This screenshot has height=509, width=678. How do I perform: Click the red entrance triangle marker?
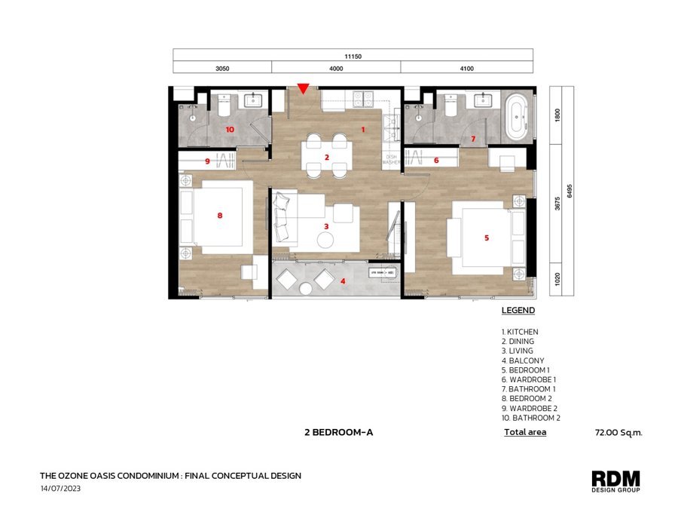(x=304, y=88)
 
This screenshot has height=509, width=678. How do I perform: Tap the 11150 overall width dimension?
(x=353, y=57)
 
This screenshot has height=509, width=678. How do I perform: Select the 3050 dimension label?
(x=222, y=69)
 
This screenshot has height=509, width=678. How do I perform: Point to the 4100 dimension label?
(x=466, y=69)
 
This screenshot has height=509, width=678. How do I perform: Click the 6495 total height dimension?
(x=570, y=191)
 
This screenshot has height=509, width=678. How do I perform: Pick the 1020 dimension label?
(x=557, y=279)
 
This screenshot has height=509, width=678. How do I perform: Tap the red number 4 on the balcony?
(x=343, y=281)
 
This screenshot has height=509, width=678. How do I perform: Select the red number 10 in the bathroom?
(x=230, y=130)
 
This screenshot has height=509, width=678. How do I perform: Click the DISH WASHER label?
(x=391, y=160)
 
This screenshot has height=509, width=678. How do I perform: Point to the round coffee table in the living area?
(x=325, y=240)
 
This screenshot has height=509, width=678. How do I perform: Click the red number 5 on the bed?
(x=487, y=238)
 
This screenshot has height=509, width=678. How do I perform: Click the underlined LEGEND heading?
(x=518, y=311)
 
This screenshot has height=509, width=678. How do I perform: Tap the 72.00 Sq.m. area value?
(x=618, y=432)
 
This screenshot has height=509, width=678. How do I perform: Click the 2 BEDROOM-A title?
(x=338, y=432)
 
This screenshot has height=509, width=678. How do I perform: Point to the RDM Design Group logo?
(x=615, y=481)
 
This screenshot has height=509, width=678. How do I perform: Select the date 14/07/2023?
(x=60, y=489)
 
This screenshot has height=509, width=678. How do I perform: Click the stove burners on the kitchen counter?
(x=363, y=99)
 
